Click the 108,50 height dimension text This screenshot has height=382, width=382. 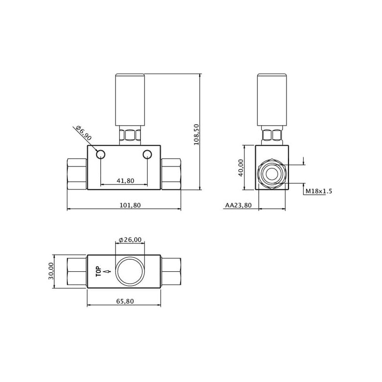[x=196, y=135]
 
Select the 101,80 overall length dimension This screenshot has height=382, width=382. [x=130, y=205]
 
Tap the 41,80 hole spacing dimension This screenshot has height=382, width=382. [x=126, y=181]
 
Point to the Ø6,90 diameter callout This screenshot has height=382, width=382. [x=84, y=133]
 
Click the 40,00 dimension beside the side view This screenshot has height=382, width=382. [x=241, y=168]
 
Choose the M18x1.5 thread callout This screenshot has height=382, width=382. [x=318, y=191]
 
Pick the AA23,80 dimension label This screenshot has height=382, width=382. [x=238, y=205]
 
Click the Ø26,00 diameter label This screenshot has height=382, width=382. [x=130, y=240]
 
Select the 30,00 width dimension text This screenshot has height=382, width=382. [x=51, y=271]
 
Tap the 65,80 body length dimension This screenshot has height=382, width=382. [x=125, y=301]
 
